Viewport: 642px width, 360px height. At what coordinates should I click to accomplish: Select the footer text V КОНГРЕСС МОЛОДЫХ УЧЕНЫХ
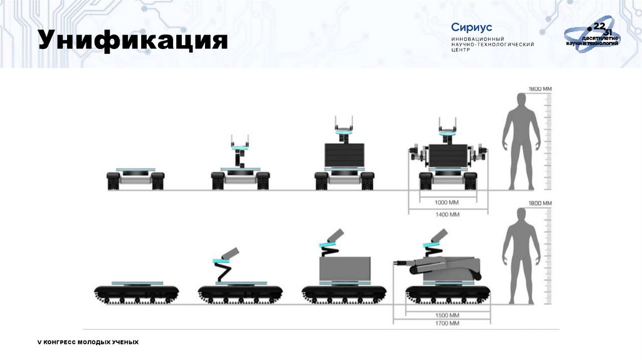tap(88, 342)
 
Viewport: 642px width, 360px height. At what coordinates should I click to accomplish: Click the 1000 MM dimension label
tap(446, 203)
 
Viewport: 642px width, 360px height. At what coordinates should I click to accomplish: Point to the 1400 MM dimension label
tap(446, 214)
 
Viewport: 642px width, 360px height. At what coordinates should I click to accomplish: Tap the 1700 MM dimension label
tap(446, 324)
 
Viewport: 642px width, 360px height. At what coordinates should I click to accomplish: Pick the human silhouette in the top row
tap(521, 141)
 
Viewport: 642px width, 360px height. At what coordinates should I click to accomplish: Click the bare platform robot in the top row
tap(136, 178)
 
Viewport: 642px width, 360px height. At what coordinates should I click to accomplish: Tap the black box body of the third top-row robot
tap(344, 156)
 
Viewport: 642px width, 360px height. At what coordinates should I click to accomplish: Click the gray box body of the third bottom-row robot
tap(345, 268)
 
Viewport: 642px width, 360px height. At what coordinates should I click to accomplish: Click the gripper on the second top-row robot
tap(240, 141)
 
